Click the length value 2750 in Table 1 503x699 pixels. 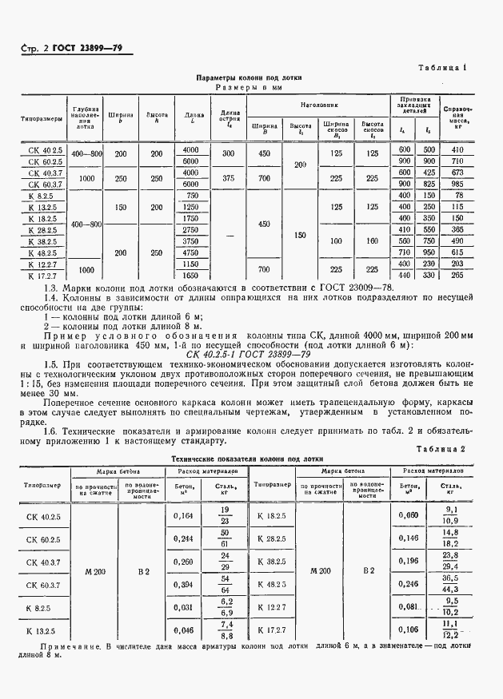tap(190, 229)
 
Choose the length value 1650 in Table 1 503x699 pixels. tap(190, 275)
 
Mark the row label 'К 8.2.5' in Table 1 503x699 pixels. tap(40, 195)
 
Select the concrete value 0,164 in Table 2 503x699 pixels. tap(183, 515)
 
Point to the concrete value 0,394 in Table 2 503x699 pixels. tap(183, 584)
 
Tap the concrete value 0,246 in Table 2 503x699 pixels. tap(409, 584)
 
